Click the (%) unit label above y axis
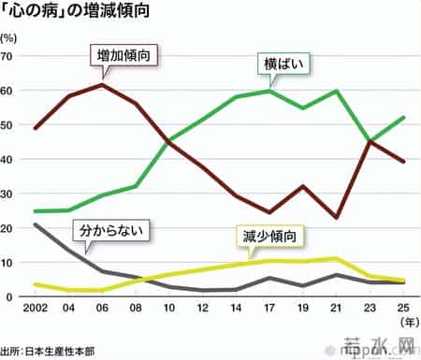[10, 38]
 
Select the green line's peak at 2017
[242, 91]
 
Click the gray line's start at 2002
[35, 224]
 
